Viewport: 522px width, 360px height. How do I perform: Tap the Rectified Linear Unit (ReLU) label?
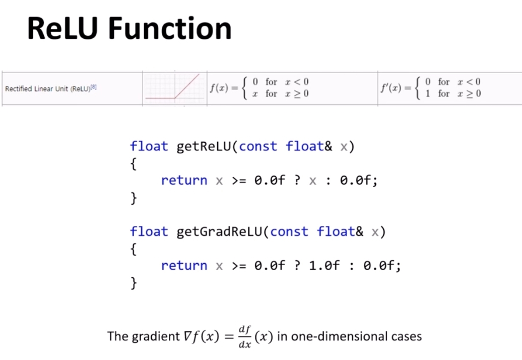[x=50, y=89]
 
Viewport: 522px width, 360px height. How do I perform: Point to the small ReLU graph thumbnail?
[x=174, y=89]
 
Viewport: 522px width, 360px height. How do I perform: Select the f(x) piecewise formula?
[x=259, y=88]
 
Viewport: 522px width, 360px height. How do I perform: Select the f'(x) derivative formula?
[x=431, y=88]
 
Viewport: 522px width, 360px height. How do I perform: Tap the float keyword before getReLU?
[x=149, y=147]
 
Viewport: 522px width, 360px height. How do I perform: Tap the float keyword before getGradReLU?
[x=149, y=232]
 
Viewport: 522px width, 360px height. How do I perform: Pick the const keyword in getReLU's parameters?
[x=258, y=147]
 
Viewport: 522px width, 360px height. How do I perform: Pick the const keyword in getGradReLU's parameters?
[x=289, y=232]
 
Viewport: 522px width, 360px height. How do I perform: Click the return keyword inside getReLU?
[x=184, y=181]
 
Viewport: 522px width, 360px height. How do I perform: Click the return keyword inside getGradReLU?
[x=184, y=266]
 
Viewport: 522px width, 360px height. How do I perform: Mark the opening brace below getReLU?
[x=134, y=164]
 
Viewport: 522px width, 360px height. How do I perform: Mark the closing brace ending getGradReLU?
[x=134, y=283]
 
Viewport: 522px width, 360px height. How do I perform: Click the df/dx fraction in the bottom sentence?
[x=245, y=336]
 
